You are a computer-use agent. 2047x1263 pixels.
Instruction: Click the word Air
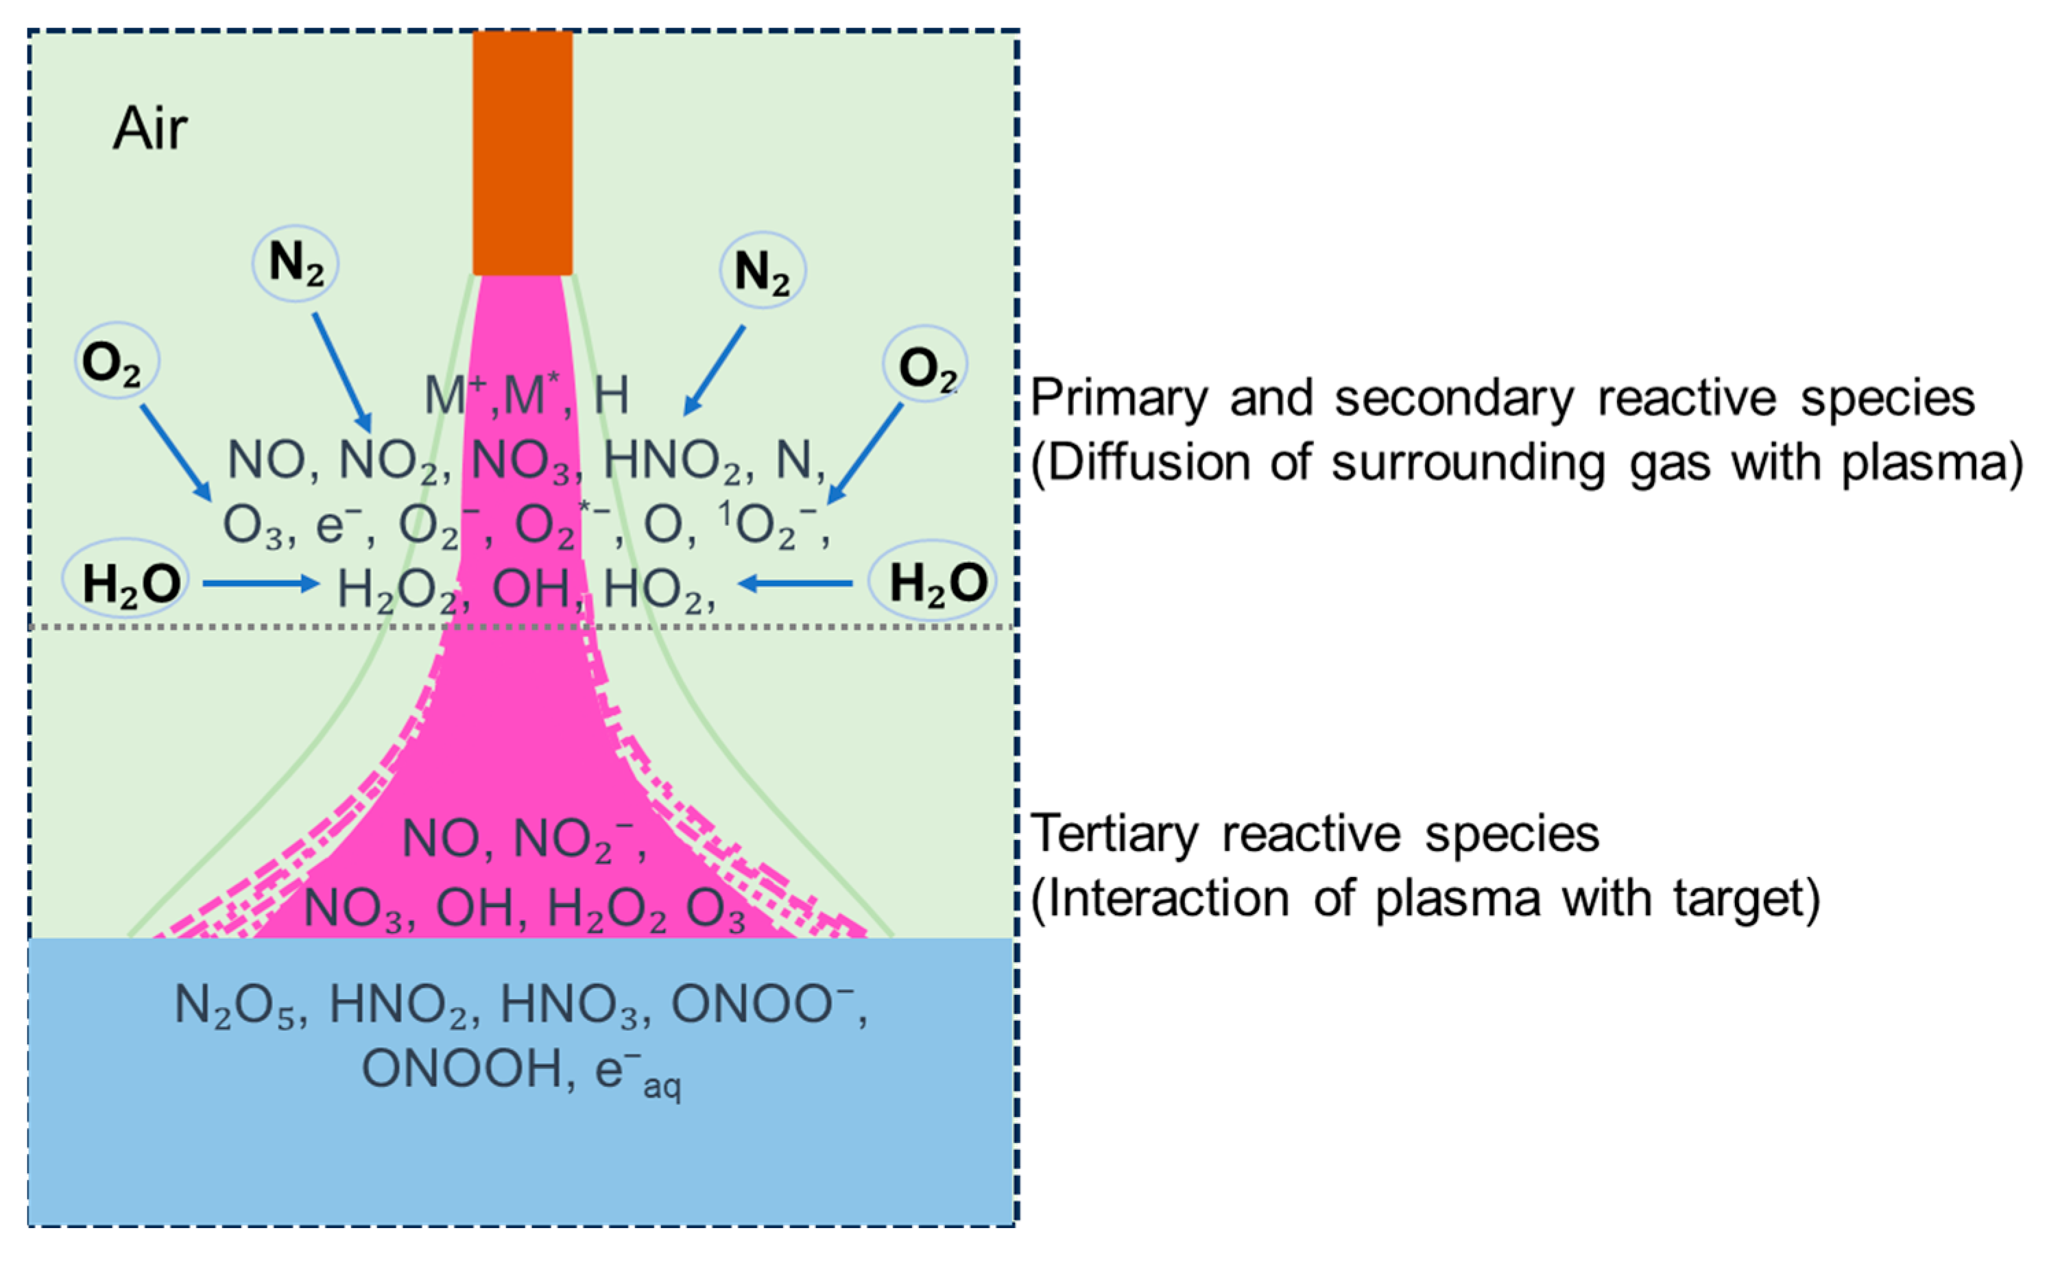[150, 130]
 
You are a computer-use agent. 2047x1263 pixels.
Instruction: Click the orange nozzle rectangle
[522, 153]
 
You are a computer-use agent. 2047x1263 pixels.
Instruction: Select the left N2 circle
[296, 263]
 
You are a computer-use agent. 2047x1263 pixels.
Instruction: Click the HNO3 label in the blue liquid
[574, 1006]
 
